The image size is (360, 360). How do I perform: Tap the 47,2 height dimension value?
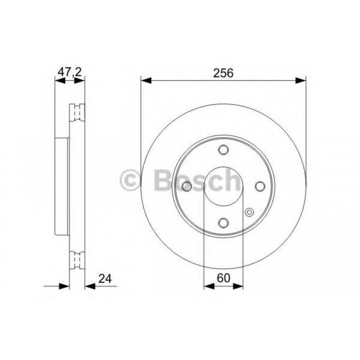click(69, 71)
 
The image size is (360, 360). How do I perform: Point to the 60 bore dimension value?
click(223, 278)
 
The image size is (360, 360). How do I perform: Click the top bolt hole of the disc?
click(223, 150)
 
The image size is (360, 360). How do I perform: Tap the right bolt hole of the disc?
click(259, 186)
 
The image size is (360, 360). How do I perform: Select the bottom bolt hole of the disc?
click(223, 222)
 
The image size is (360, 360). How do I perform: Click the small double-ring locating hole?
click(250, 213)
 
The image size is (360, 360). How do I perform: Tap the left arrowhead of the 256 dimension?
click(145, 80)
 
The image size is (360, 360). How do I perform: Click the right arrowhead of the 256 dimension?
click(301, 80)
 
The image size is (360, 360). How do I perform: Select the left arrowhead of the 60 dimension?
click(208, 284)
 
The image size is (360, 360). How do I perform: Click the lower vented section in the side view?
click(77, 260)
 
